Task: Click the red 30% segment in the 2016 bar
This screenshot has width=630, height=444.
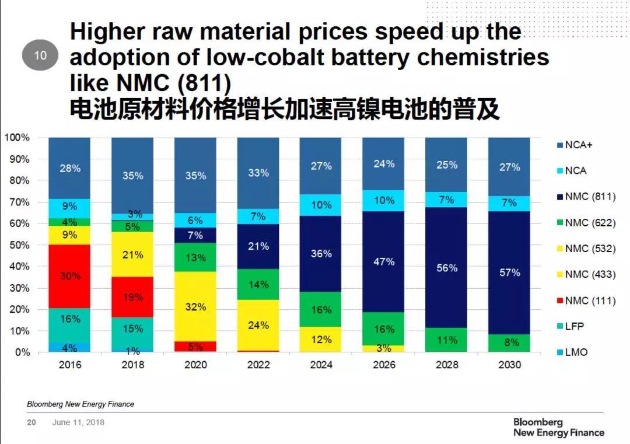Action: [69, 276]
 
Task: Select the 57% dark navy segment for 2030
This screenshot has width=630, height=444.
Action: [509, 272]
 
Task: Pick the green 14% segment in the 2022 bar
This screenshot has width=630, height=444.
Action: [258, 285]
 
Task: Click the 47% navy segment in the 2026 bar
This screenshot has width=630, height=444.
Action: [383, 262]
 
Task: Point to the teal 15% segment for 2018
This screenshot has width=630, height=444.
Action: [132, 328]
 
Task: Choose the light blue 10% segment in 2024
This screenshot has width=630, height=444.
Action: [321, 205]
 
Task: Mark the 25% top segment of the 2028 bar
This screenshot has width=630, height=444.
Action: [446, 165]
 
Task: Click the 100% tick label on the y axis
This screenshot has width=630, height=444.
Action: [17, 138]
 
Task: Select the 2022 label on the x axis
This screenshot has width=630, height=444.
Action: [258, 365]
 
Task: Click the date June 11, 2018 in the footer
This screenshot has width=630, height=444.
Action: [78, 422]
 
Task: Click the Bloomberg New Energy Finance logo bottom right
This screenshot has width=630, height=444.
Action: [558, 427]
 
